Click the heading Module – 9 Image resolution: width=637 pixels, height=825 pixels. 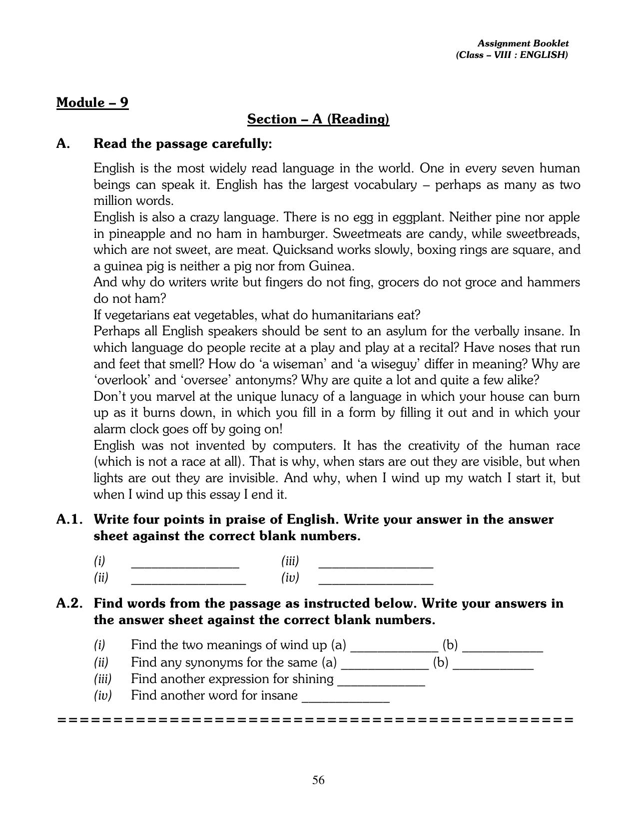92,102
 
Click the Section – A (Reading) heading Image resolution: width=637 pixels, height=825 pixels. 318,119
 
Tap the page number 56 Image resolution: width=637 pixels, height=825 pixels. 318,780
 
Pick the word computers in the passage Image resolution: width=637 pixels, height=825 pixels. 299,445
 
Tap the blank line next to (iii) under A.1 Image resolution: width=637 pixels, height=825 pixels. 375,565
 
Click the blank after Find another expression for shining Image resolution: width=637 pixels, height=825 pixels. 381,683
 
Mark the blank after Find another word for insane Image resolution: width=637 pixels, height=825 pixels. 346,700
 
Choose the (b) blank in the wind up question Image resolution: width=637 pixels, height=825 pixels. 502,649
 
